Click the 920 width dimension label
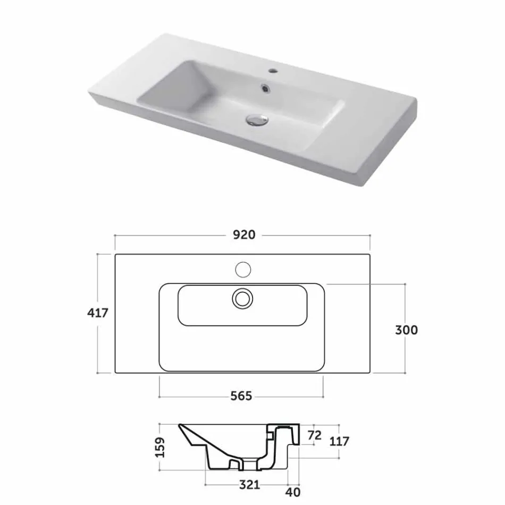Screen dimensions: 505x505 (243, 234)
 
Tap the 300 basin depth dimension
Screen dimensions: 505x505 (406, 330)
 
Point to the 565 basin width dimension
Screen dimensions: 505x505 (241, 396)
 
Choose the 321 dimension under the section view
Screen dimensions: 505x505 (249, 484)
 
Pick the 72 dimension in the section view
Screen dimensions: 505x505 (315, 435)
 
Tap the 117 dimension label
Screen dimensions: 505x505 (339, 441)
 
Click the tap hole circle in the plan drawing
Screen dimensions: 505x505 (243, 270)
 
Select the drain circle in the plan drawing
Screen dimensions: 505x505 (243, 298)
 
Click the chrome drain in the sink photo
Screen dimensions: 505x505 (256, 119)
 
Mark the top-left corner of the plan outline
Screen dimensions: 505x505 (115, 255)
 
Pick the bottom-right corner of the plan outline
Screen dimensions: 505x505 (371, 373)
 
